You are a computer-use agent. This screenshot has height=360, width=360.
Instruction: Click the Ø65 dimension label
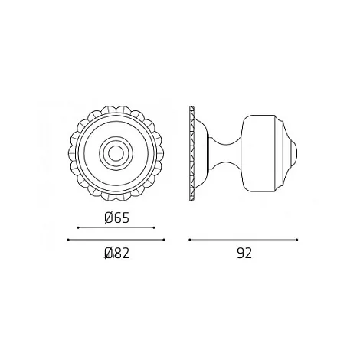[x=117, y=218]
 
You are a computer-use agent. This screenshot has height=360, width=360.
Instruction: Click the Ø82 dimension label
[x=117, y=253]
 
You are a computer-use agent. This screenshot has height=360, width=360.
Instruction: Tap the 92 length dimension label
[x=244, y=253]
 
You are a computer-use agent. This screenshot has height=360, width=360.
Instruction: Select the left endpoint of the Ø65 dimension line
[x=78, y=227]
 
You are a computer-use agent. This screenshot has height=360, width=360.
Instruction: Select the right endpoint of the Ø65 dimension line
[x=154, y=227]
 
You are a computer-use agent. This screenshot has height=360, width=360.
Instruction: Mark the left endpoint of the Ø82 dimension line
[x=68, y=240]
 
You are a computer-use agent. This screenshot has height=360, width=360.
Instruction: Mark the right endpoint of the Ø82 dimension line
[x=164, y=240]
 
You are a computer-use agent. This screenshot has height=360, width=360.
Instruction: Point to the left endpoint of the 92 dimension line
[x=190, y=240]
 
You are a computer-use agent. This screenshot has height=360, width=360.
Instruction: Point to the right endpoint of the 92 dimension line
[x=297, y=240]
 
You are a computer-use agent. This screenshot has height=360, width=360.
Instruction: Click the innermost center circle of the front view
[x=116, y=154]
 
